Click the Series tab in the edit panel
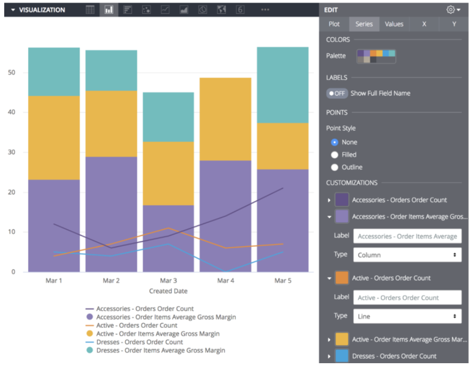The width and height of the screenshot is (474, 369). pyautogui.click(x=364, y=24)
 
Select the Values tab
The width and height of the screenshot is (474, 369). pyautogui.click(x=394, y=24)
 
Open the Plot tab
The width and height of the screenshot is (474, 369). pyautogui.click(x=334, y=24)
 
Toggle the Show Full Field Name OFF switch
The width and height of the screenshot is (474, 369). pyautogui.click(x=337, y=93)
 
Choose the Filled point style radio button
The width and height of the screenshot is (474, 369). pyautogui.click(x=334, y=155)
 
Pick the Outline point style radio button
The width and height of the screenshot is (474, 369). pyautogui.click(x=334, y=167)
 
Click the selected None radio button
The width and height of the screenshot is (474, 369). pyautogui.click(x=334, y=143)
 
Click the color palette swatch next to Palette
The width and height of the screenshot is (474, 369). pyautogui.click(x=376, y=56)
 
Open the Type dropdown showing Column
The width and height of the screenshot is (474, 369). pyautogui.click(x=407, y=255)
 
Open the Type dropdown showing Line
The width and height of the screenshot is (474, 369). pyautogui.click(x=407, y=317)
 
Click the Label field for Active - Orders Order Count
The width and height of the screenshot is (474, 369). pyautogui.click(x=407, y=298)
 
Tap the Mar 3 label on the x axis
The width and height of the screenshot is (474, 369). pyautogui.click(x=168, y=281)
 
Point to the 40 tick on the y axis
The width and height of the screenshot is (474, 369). pyautogui.click(x=11, y=112)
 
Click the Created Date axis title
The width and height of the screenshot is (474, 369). pyautogui.click(x=168, y=291)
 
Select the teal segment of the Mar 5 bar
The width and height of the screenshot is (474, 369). pyautogui.click(x=283, y=84)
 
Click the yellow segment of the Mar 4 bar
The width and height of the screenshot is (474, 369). pyautogui.click(x=225, y=119)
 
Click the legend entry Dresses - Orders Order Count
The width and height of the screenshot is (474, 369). pyautogui.click(x=140, y=342)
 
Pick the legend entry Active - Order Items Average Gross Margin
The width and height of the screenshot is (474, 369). pyautogui.click(x=157, y=334)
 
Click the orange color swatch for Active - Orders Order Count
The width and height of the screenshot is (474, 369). pyautogui.click(x=342, y=278)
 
